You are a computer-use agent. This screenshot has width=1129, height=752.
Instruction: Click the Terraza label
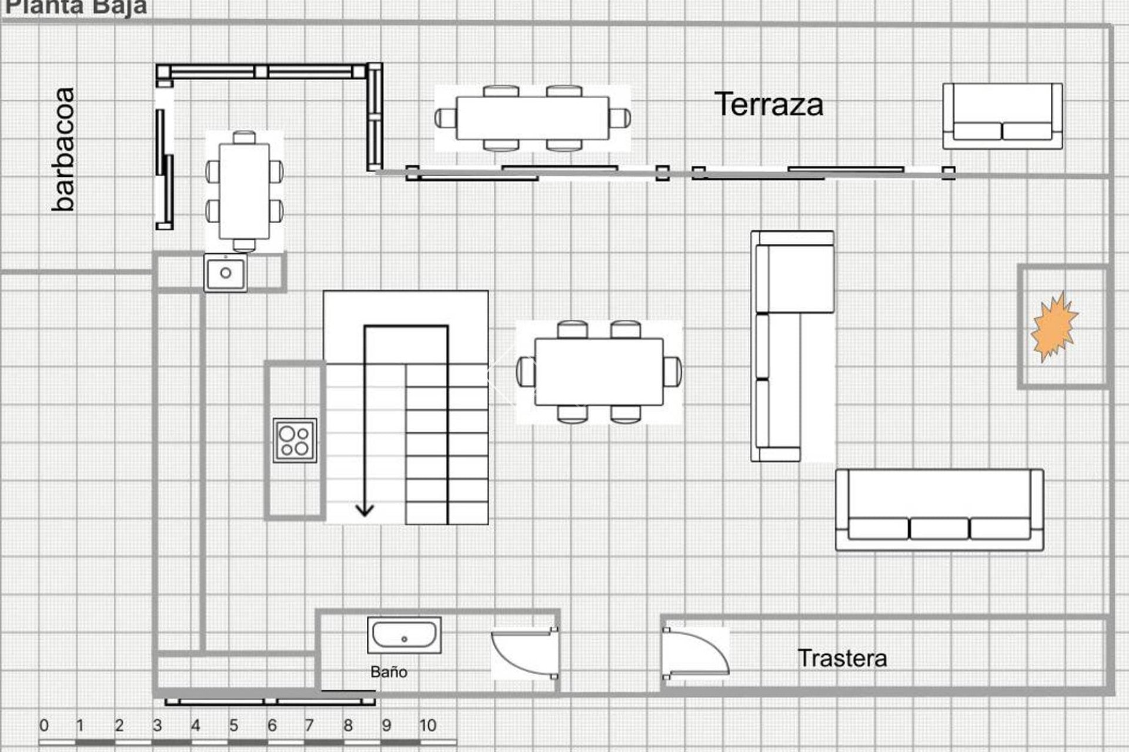coord(769,105)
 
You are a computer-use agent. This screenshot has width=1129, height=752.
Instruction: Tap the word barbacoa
coord(64,149)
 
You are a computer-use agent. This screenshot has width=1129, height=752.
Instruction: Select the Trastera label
coord(842,658)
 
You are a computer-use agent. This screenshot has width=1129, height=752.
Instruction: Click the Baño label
coord(389,672)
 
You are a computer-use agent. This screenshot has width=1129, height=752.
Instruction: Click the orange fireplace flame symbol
coord(1054,327)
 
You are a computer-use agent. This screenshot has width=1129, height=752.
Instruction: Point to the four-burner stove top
coord(295,441)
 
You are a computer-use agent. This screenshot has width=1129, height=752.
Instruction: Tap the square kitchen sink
coord(226,273)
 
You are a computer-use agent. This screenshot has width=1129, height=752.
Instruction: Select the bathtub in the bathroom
coord(404,635)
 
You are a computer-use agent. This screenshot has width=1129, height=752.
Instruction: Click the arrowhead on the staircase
coord(365,509)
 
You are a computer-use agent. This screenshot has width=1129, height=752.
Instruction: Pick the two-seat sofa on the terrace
coord(1003,116)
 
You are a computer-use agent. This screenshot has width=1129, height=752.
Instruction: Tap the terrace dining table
coord(532,118)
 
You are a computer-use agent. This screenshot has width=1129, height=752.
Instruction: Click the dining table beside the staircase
coord(599,372)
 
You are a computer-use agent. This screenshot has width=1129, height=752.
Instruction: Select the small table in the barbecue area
coord(244,192)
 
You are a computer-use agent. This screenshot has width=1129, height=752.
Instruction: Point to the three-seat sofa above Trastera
coord(939,510)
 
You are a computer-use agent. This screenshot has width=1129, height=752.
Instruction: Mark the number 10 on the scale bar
coord(427,726)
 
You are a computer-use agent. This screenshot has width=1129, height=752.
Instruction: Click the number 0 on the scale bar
coord(44,726)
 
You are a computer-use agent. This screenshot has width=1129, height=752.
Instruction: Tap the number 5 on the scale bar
coord(233,726)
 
